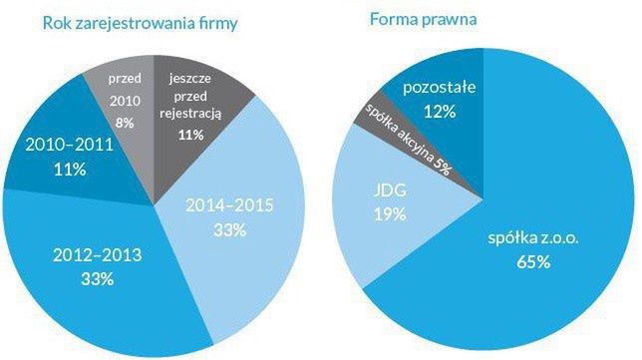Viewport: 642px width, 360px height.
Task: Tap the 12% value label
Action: (x=440, y=111)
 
